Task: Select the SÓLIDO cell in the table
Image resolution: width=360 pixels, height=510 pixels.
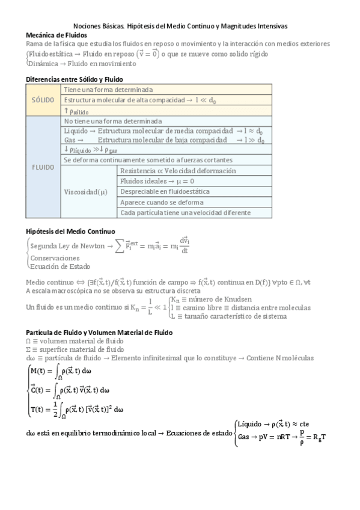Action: point(43,100)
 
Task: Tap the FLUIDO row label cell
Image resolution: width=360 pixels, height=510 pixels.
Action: point(43,167)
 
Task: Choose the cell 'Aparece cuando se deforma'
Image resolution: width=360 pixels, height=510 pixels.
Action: point(161,202)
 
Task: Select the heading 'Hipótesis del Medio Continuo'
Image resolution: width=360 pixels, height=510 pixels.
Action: point(71,231)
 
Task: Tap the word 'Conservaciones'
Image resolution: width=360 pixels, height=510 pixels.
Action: point(55,258)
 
